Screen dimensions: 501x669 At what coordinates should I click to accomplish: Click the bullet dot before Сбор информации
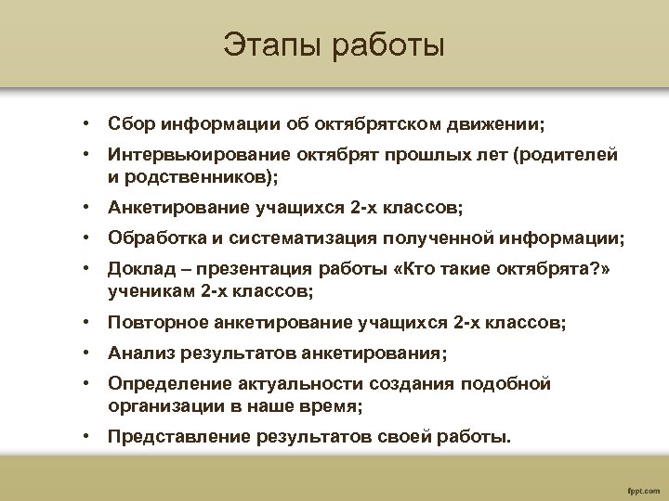tap(84, 123)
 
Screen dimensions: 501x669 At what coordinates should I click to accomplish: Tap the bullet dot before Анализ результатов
tap(84, 354)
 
